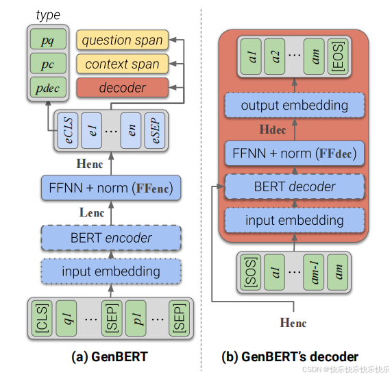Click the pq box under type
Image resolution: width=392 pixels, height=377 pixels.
(48, 39)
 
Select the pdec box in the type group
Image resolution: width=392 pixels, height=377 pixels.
(48, 87)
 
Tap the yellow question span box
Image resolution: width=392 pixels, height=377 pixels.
(123, 40)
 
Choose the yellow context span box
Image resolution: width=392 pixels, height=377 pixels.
(123, 64)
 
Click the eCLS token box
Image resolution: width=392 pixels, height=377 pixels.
(68, 130)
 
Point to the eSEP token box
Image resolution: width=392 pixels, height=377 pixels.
(154, 130)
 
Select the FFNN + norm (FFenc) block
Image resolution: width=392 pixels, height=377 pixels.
(111, 188)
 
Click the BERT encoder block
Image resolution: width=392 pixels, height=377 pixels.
(111, 237)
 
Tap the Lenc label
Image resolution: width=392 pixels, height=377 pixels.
(92, 212)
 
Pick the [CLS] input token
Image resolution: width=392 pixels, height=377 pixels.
(42, 318)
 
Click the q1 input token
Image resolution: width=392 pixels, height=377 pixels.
(66, 318)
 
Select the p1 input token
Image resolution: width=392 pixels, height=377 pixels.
(136, 318)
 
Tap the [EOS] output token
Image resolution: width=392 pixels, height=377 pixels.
(338, 56)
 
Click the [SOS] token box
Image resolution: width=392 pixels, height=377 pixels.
(251, 272)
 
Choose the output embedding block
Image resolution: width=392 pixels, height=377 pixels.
(295, 105)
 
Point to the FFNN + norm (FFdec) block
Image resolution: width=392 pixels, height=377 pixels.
(295, 153)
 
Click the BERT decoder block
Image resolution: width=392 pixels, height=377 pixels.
(295, 186)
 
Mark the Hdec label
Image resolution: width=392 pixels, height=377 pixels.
(273, 130)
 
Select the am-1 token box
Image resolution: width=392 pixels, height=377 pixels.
(313, 272)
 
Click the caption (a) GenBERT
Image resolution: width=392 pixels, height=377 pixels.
(110, 356)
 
